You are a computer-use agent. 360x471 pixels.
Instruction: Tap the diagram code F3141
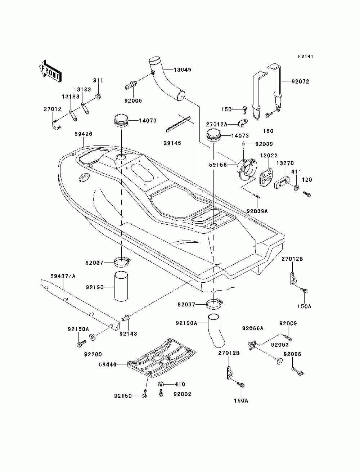point(305,57)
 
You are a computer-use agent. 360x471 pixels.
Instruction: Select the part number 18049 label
point(182,70)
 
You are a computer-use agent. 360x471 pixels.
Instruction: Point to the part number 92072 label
point(300,81)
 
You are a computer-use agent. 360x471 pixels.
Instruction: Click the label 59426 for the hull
point(83,134)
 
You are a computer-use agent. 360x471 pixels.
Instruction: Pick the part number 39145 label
point(172,143)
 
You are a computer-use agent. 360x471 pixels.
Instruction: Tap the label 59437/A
point(63,276)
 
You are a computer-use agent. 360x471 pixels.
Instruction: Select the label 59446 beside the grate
point(108,364)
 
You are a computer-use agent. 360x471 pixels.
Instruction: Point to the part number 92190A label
point(186,323)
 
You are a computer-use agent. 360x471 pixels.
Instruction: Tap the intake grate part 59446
point(162,358)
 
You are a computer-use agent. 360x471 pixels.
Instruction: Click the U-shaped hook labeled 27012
point(56,125)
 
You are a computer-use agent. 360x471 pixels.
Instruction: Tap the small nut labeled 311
point(99,97)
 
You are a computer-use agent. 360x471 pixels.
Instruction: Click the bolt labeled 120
point(307,194)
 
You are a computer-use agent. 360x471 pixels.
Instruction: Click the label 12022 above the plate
point(269,155)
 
